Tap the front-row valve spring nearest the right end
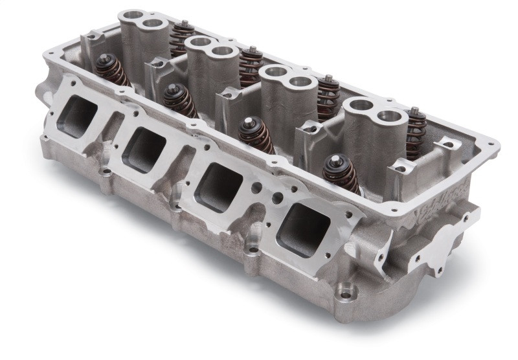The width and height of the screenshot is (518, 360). coord(342,172)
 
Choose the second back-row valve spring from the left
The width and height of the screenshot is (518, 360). coord(250,65)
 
